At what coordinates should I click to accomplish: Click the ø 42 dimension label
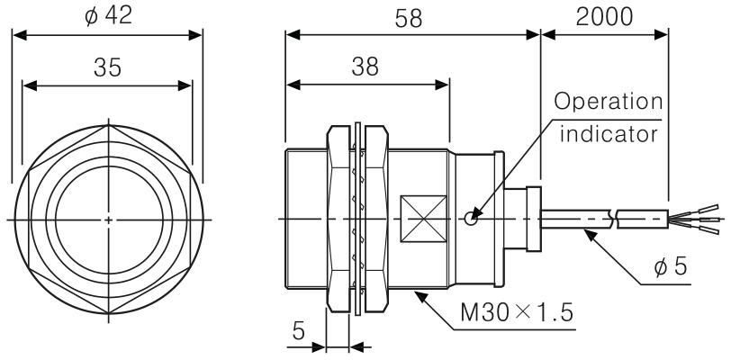click(x=108, y=15)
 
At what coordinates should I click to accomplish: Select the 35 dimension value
click(x=108, y=67)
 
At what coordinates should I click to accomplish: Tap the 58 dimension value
click(x=412, y=15)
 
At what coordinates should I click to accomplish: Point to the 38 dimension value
click(x=365, y=67)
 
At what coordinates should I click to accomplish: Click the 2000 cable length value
click(x=605, y=15)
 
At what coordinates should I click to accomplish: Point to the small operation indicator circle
click(x=470, y=218)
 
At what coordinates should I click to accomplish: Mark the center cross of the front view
click(x=108, y=219)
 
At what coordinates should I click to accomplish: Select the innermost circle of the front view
click(x=108, y=219)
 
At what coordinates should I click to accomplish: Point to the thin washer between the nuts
click(x=357, y=219)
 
